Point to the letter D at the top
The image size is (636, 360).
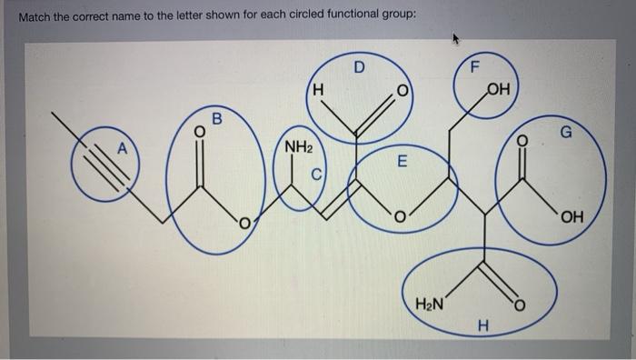coord(358,66)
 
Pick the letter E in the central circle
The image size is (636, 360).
coord(402,163)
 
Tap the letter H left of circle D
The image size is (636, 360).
coord(317,90)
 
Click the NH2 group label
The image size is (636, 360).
coord(299,146)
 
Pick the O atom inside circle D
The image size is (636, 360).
coord(398,94)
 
